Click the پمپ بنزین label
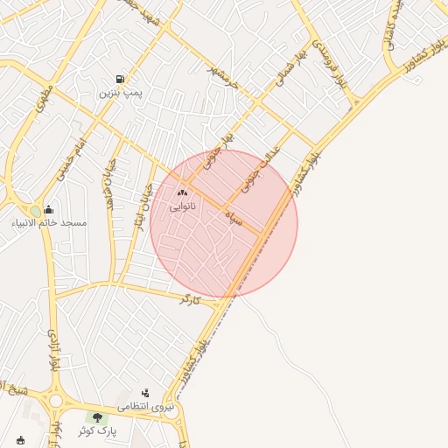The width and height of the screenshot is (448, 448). (121, 92)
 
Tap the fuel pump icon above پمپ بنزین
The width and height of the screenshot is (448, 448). (121, 78)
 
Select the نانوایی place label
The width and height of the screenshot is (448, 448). (182, 206)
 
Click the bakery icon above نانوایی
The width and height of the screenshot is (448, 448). (182, 192)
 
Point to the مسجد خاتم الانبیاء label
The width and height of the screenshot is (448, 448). (50, 223)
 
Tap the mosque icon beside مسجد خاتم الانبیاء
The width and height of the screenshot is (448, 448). (48, 210)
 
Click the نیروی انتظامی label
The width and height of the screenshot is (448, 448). (146, 407)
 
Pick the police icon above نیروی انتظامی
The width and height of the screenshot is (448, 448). (145, 393)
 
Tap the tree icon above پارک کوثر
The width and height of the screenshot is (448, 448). (97, 417)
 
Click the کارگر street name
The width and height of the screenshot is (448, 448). (190, 300)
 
